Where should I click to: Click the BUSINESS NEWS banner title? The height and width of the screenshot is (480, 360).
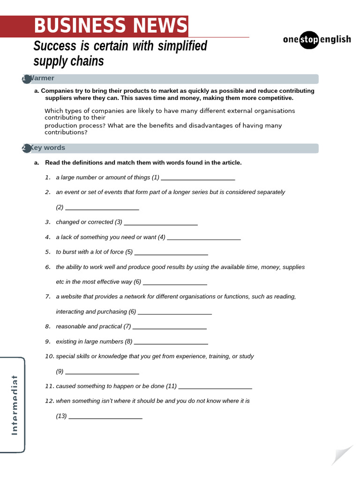pyautogui.click(x=110, y=26)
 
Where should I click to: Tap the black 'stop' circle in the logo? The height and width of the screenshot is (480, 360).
pyautogui.click(x=309, y=39)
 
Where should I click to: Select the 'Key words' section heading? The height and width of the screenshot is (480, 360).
pyautogui.click(x=47, y=148)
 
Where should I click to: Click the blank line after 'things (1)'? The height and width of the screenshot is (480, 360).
pyautogui.click(x=198, y=178)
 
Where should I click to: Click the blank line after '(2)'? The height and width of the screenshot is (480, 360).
pyautogui.click(x=102, y=208)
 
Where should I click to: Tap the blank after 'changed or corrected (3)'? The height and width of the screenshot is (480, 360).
pyautogui.click(x=161, y=223)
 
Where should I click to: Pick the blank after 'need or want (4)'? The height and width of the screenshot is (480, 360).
pyautogui.click(x=204, y=238)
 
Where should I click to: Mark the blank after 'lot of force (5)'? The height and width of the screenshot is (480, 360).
pyautogui.click(x=171, y=253)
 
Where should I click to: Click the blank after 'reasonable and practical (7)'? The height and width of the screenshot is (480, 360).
pyautogui.click(x=170, y=327)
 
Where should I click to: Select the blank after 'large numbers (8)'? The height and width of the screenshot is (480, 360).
pyautogui.click(x=171, y=342)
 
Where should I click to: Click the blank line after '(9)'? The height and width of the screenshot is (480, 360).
pyautogui.click(x=102, y=372)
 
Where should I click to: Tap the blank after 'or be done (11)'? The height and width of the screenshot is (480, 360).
pyautogui.click(x=215, y=387)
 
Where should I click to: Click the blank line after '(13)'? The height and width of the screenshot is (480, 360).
pyautogui.click(x=105, y=416)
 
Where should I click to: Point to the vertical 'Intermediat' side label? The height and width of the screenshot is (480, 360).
pyautogui.click(x=14, y=405)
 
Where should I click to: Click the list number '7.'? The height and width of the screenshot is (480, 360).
pyautogui.click(x=48, y=297)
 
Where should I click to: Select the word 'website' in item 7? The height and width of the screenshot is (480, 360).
pyautogui.click(x=72, y=297)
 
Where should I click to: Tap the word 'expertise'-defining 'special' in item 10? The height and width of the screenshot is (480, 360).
pyautogui.click(x=65, y=356)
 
